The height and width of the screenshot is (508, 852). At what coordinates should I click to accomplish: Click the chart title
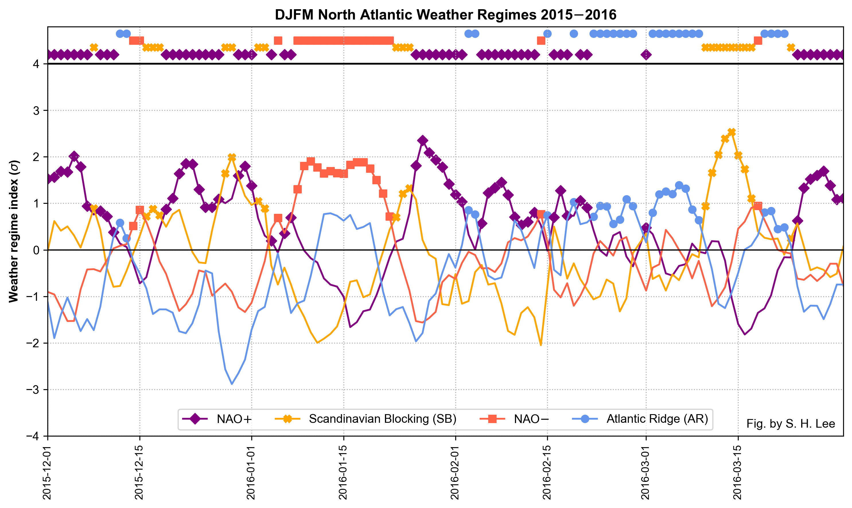[x=445, y=15]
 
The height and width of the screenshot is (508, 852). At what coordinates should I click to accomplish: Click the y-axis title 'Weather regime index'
[x=14, y=231]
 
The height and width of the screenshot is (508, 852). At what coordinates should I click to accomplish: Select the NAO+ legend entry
[x=234, y=419]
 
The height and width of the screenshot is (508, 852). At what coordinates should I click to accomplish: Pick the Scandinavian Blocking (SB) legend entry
[x=382, y=419]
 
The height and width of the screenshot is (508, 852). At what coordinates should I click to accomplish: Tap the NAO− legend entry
[x=531, y=419]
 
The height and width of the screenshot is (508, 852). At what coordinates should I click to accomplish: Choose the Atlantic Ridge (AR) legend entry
[x=657, y=419]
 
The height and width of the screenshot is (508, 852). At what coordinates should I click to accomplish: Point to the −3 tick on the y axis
[x=36, y=390]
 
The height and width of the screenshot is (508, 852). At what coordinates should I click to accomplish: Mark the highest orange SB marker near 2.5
[x=732, y=132]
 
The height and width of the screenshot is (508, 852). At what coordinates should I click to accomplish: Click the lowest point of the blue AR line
[x=232, y=384]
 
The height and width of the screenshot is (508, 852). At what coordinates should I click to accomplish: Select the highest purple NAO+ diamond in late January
[x=423, y=140]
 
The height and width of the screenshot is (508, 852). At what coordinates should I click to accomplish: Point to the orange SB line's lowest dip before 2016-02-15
[x=541, y=345]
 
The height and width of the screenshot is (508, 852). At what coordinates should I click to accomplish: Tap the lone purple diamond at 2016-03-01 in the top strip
[x=646, y=55]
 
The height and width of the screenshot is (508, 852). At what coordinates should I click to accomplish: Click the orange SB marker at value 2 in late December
[x=232, y=157]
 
